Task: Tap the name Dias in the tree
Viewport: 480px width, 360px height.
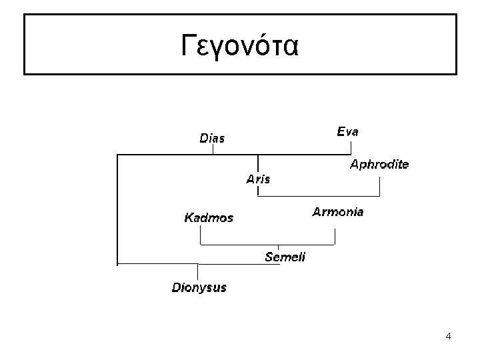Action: tap(213, 139)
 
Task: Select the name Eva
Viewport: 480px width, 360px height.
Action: tap(347, 132)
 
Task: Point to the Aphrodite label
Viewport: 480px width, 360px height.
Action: tap(379, 164)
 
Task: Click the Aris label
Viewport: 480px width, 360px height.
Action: tap(258, 179)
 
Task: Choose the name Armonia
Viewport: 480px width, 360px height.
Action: tap(338, 212)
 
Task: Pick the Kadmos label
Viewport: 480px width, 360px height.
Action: tap(209, 218)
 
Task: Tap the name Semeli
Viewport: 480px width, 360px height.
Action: tap(285, 257)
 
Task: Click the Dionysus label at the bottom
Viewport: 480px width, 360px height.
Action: tap(199, 288)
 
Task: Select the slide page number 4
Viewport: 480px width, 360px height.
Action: tap(448, 336)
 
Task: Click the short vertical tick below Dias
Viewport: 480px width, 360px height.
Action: tap(213, 150)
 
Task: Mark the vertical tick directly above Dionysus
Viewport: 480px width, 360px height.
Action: tap(198, 272)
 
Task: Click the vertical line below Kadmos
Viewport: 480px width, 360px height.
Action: tap(201, 236)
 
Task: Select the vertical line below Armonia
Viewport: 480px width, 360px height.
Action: tap(335, 236)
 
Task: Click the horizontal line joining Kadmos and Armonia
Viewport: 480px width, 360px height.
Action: tap(267, 245)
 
